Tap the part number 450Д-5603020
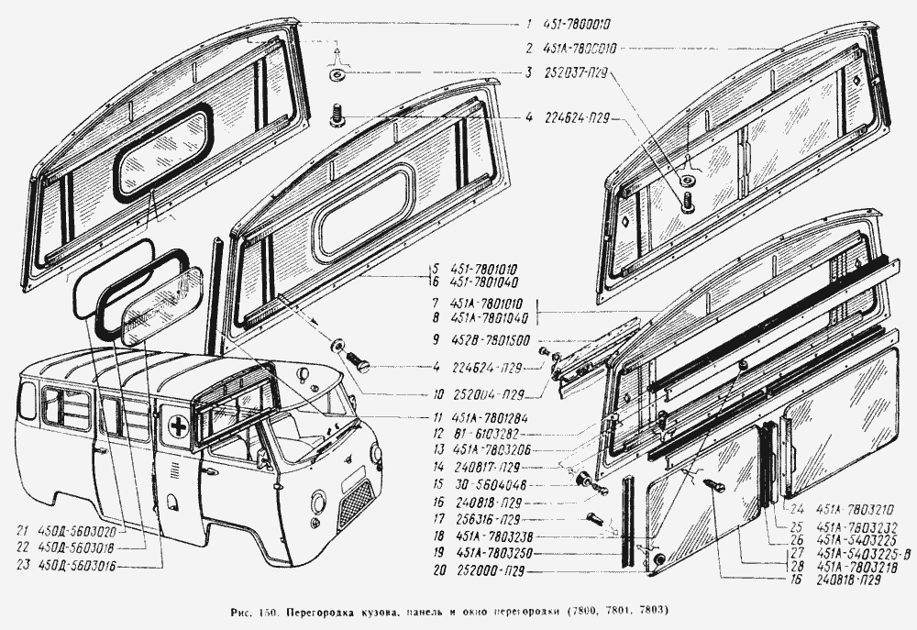tap(85, 532)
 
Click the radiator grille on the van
tap(356, 503)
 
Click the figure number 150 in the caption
tap(272, 611)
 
